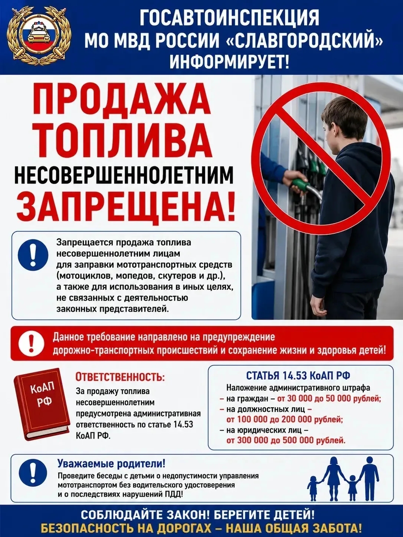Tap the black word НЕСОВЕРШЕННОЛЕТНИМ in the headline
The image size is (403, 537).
[124, 177]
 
